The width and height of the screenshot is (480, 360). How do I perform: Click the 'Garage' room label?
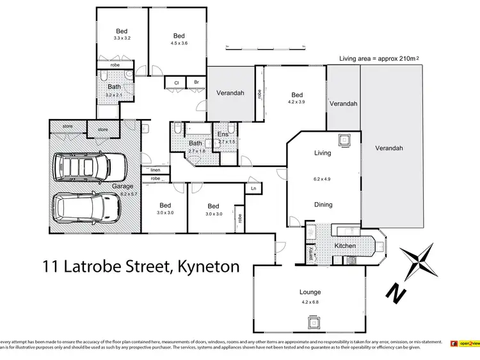click(122, 187)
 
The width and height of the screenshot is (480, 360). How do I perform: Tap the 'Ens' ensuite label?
click(223, 134)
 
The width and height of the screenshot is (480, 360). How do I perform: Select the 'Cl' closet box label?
click(175, 82)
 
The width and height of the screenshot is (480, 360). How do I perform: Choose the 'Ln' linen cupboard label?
click(254, 189)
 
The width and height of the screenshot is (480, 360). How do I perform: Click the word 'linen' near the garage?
click(156, 169)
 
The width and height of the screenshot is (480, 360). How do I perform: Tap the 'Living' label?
click(322, 153)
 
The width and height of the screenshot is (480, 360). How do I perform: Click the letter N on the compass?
click(397, 293)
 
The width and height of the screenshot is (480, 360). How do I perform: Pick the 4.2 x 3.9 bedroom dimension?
click(296, 101)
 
